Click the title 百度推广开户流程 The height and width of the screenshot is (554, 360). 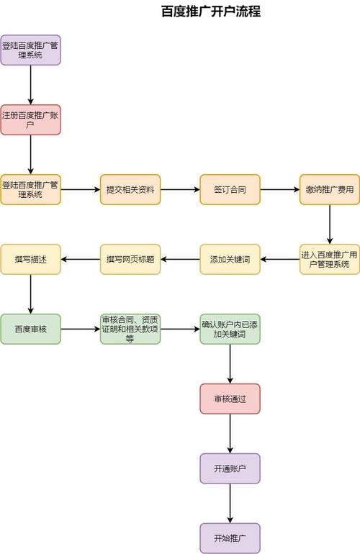pyautogui.click(x=210, y=12)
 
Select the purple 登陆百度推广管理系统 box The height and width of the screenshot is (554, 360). pyautogui.click(x=30, y=50)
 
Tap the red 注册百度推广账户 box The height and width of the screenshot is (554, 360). pyautogui.click(x=30, y=119)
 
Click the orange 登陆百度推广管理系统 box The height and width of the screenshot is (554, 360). pyautogui.click(x=30, y=189)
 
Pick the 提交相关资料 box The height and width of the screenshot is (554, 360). pyautogui.click(x=130, y=189)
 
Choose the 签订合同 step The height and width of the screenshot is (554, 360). pyautogui.click(x=230, y=189)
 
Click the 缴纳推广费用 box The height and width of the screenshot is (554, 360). pyautogui.click(x=330, y=189)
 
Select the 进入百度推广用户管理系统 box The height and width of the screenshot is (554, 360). pyautogui.click(x=330, y=259)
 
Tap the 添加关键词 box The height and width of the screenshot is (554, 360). pyautogui.click(x=230, y=259)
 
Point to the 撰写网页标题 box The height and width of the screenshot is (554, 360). pyautogui.click(x=130, y=259)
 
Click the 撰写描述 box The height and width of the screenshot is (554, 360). pyautogui.click(x=30, y=259)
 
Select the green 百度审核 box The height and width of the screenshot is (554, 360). pyautogui.click(x=30, y=329)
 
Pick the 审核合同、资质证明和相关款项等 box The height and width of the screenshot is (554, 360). pyautogui.click(x=130, y=329)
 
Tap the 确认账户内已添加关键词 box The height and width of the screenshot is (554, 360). pyautogui.click(x=230, y=329)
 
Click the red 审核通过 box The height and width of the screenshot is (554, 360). pyautogui.click(x=230, y=399)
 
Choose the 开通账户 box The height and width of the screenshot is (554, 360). pyautogui.click(x=230, y=468)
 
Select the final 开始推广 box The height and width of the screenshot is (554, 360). pyautogui.click(x=230, y=537)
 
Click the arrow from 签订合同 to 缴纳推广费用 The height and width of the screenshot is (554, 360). pyautogui.click(x=279, y=189)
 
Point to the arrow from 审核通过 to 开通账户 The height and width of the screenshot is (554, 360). pyautogui.click(x=230, y=433)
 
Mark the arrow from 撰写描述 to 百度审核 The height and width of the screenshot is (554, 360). pyautogui.click(x=30, y=294)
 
